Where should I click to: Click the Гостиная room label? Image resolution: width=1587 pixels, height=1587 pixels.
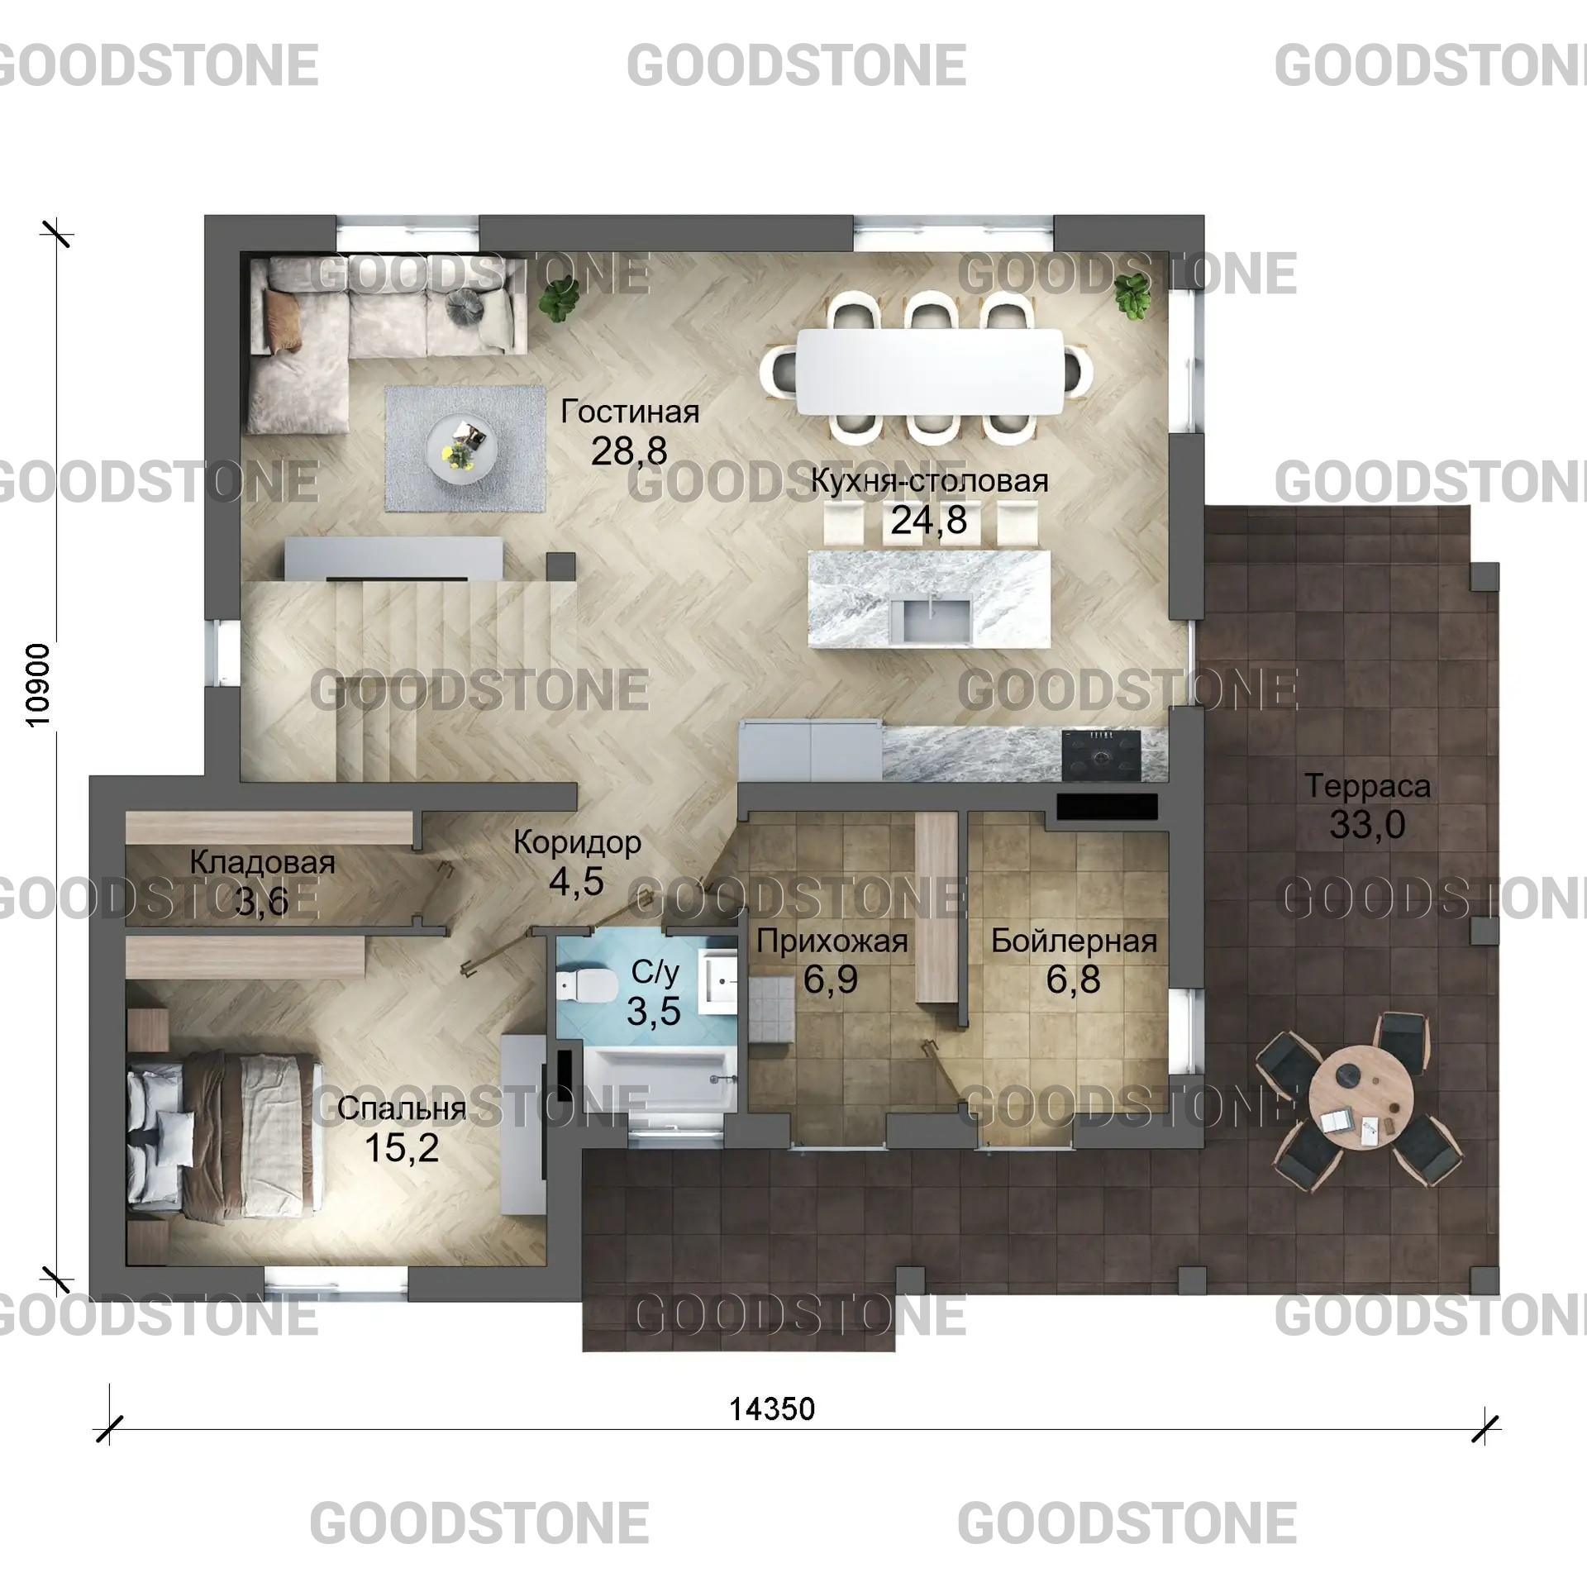click(x=630, y=412)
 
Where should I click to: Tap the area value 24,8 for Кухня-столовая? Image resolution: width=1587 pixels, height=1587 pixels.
click(x=928, y=520)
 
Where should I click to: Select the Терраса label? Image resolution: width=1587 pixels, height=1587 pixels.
click(x=1367, y=786)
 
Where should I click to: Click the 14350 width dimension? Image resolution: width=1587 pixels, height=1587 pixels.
click(x=772, y=1408)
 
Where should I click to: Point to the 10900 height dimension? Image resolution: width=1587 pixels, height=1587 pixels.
click(x=39, y=685)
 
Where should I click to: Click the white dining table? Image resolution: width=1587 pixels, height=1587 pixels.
click(x=929, y=372)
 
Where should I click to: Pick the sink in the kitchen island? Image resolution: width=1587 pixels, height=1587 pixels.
click(x=936, y=621)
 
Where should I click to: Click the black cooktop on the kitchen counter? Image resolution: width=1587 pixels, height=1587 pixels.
click(x=1100, y=755)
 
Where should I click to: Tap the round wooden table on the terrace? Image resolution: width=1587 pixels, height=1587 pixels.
click(x=1360, y=1091)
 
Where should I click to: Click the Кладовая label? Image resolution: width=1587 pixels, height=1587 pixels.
click(x=262, y=863)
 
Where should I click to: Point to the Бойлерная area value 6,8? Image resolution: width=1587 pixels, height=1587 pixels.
click(x=1073, y=979)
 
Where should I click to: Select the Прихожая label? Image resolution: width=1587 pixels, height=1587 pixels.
click(x=832, y=941)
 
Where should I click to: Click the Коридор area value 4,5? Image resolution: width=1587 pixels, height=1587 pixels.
click(x=576, y=882)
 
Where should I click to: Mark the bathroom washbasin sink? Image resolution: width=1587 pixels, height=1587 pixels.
click(x=719, y=981)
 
